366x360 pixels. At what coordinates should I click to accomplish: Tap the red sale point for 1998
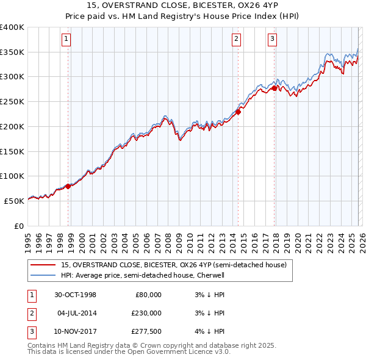(x=68, y=186)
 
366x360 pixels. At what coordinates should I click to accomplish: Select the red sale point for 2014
(x=238, y=112)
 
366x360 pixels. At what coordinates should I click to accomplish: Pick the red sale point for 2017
(x=274, y=88)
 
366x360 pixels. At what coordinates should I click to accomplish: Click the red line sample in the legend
(x=44, y=265)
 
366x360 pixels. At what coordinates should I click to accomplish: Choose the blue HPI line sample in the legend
(x=44, y=275)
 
